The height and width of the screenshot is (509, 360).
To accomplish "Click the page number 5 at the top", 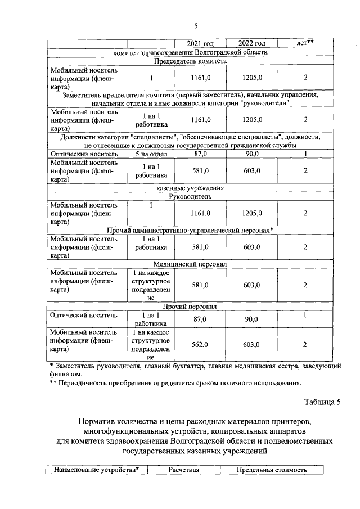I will click(196, 25).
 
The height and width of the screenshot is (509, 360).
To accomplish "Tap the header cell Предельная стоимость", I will click(272, 470).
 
